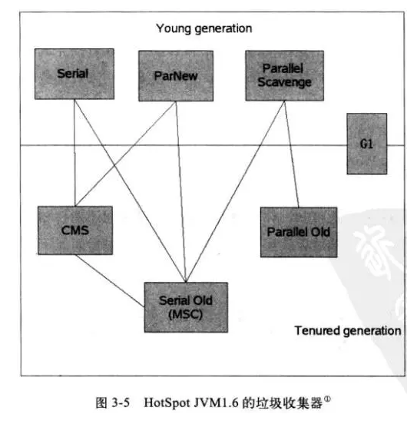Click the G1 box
coord(366,144)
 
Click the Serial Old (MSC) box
coord(176,305)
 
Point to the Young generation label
coord(204,28)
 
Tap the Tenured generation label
coord(348,331)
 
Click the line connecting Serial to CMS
coord(74,154)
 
